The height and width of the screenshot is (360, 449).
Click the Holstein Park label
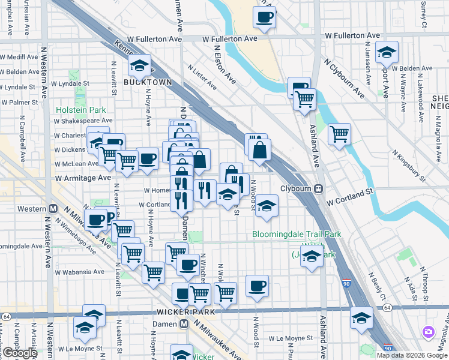(x=80, y=110)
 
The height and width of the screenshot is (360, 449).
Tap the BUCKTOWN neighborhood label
(x=148, y=82)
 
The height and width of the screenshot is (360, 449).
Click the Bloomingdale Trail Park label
(x=297, y=234)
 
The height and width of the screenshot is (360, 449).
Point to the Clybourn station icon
(x=320, y=188)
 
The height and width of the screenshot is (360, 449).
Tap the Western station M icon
(x=52, y=209)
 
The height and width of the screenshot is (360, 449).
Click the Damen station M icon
(x=184, y=323)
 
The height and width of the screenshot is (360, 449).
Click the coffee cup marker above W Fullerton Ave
(x=264, y=18)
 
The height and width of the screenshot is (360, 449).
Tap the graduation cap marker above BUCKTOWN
(x=140, y=65)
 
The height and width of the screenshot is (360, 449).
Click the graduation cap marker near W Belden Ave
(x=387, y=53)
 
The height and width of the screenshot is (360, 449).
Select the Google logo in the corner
(x=19, y=353)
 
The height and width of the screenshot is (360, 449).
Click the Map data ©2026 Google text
(x=412, y=355)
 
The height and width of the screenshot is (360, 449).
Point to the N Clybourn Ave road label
(x=345, y=78)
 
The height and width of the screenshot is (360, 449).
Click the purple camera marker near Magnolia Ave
(x=429, y=332)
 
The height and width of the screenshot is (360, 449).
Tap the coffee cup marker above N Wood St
(x=257, y=287)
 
